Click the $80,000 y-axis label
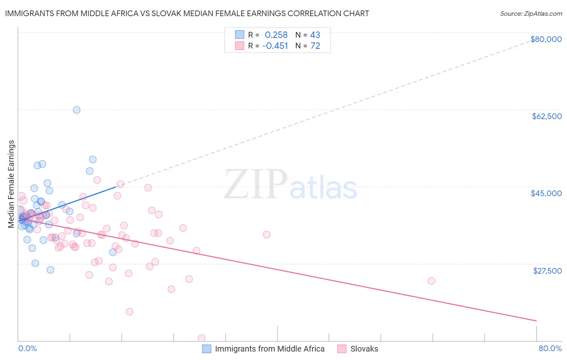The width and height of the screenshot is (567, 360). (x=546, y=39)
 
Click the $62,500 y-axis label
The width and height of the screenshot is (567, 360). (x=547, y=116)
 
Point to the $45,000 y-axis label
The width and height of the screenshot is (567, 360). (x=546, y=193)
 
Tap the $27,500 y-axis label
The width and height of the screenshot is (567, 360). (x=547, y=271)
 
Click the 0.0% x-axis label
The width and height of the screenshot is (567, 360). (x=27, y=349)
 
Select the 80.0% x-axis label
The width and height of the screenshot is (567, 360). (x=550, y=349)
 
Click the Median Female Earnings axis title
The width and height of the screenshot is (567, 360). (x=11, y=184)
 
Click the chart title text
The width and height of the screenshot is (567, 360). (x=187, y=13)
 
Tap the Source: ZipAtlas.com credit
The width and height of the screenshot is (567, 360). (x=531, y=14)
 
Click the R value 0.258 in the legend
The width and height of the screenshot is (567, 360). (x=276, y=35)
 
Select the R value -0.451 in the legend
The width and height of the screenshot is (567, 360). (x=275, y=46)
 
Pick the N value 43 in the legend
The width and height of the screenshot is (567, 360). (x=315, y=35)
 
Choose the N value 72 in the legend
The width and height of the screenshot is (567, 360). (x=315, y=46)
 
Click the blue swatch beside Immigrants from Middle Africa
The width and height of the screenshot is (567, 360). (x=207, y=349)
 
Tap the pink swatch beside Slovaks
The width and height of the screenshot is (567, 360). (x=342, y=349)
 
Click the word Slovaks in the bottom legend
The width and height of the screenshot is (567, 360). (x=364, y=349)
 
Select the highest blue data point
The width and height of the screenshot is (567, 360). (x=77, y=110)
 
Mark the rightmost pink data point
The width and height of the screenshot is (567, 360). (x=432, y=281)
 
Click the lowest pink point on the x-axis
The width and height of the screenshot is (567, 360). (x=202, y=338)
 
